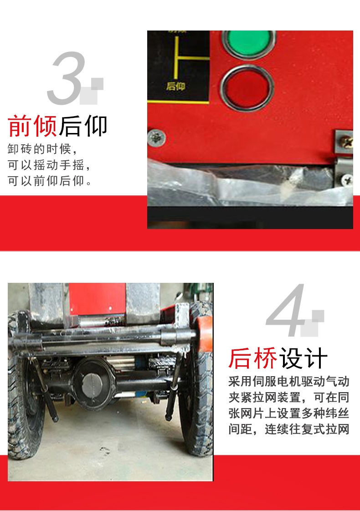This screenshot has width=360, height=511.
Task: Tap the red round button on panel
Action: [247, 88]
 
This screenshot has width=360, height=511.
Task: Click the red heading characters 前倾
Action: [32, 126]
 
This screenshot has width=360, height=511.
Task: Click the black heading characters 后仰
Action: [83, 126]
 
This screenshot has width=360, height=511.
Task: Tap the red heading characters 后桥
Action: [253, 358]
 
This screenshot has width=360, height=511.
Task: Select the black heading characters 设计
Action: [303, 358]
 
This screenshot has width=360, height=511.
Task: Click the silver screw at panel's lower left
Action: [156, 137]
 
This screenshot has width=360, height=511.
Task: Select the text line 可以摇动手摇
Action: [48, 165]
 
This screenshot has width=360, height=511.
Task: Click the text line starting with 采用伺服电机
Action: [289, 381]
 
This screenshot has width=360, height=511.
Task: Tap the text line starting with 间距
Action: [289, 429]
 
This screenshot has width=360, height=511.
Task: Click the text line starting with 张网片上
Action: [289, 413]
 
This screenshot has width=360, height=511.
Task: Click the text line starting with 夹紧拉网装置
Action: [289, 397]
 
